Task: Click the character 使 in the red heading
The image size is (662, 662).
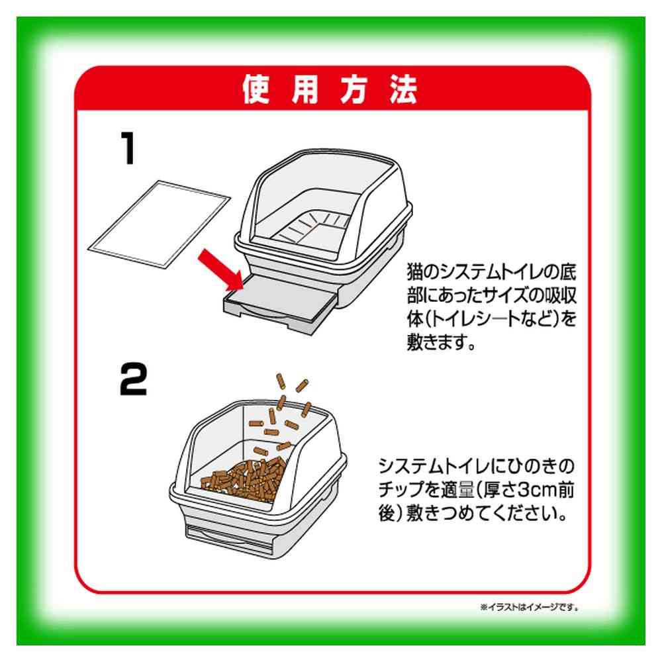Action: point(256,89)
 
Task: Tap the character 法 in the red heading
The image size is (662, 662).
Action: point(404,89)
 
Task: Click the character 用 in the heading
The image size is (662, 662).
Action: point(305,89)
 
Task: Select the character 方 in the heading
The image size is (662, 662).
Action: point(354,89)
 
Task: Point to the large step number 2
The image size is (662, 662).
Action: point(134,379)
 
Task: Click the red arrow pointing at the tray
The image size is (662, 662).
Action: point(221,269)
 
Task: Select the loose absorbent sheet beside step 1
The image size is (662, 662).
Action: point(159,224)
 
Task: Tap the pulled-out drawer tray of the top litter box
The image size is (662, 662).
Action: point(280,303)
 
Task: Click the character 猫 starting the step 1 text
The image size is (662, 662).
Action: point(415,272)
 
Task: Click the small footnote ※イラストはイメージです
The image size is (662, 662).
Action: point(530,607)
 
